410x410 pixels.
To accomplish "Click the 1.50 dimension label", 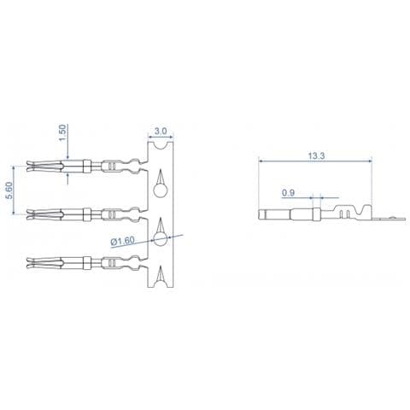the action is pyautogui.click(x=63, y=132).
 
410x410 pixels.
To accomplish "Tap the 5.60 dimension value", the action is pyautogui.click(x=9, y=190).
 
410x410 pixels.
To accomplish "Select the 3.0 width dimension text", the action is pyautogui.click(x=161, y=132).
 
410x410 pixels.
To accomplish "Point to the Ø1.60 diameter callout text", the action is pyautogui.click(x=123, y=242).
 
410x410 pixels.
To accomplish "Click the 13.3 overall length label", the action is pyautogui.click(x=316, y=156).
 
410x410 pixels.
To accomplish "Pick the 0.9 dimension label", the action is pyautogui.click(x=288, y=193).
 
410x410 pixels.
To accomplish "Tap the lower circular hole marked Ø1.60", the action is pyautogui.click(x=160, y=238).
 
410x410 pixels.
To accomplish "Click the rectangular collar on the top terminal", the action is pyautogui.click(x=87, y=167).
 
